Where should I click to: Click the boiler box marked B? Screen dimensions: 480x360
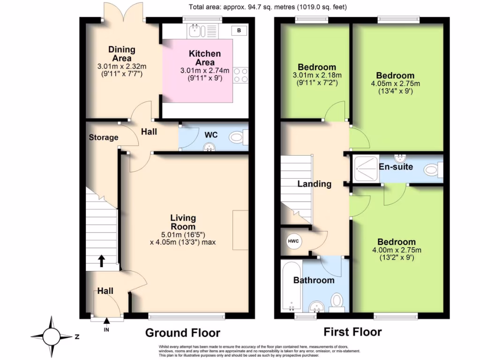239,30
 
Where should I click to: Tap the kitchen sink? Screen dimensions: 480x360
202,30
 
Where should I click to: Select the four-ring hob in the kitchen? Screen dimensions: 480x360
240,75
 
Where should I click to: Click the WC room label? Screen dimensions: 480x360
211,135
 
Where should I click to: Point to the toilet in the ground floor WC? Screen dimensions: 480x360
239,137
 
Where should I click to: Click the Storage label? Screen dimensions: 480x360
104,137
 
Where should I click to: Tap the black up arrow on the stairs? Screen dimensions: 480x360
101,261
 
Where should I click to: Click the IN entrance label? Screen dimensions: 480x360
106,330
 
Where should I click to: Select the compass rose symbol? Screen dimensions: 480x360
52,337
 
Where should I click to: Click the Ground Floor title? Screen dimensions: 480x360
183,333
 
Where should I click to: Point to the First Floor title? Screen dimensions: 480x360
352,332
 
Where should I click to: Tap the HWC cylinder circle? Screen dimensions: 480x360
293,241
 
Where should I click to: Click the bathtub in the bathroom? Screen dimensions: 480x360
292,286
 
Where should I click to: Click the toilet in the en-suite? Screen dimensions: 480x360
434,170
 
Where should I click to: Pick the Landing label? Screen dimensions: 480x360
315,184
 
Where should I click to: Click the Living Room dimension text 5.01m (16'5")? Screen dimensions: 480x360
183,235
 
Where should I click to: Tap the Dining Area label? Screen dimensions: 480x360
122,54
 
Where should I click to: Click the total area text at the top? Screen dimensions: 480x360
268,7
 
